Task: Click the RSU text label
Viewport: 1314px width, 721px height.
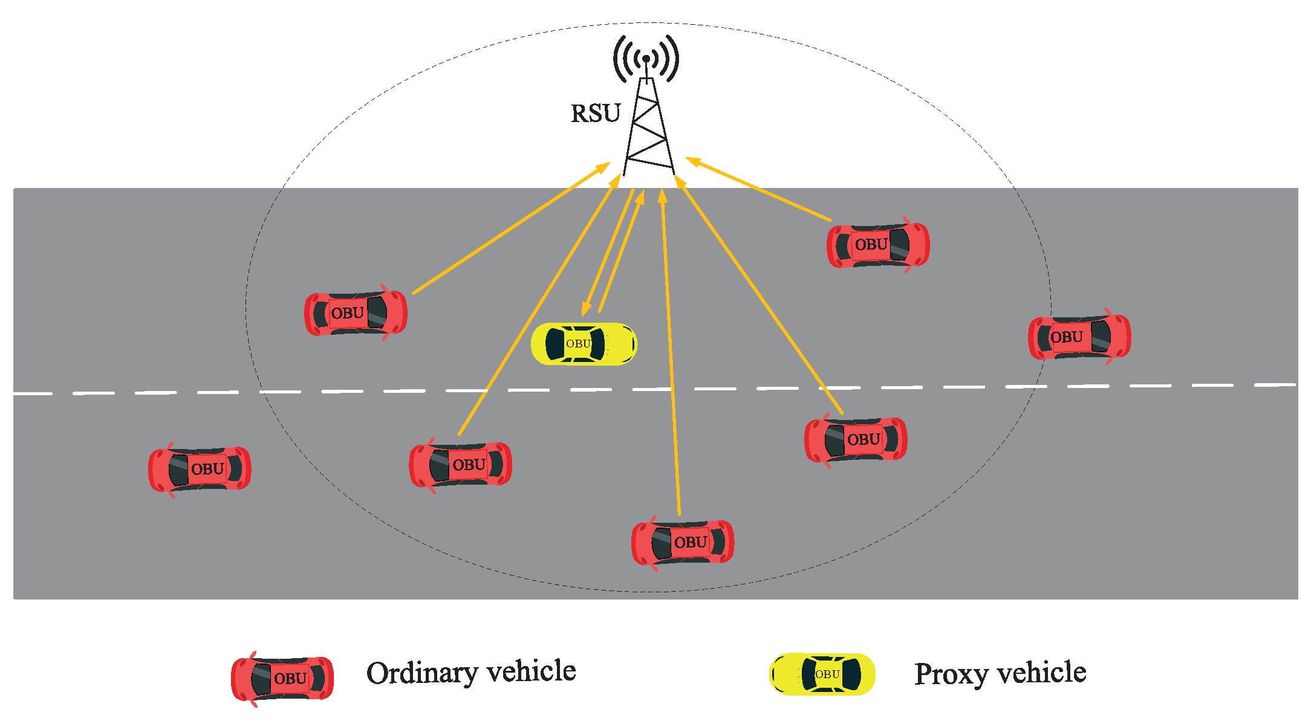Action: click(x=596, y=114)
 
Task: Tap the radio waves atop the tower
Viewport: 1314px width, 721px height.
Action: click(x=646, y=59)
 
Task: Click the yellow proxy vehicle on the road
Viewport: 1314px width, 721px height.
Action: click(x=584, y=344)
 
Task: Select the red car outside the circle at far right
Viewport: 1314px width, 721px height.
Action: click(x=1079, y=337)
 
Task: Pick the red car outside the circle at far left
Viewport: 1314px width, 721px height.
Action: click(x=200, y=469)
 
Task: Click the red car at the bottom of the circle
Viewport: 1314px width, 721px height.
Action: click(x=683, y=542)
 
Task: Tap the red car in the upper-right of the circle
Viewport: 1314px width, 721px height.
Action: click(x=878, y=245)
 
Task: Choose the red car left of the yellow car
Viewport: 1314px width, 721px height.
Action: click(x=356, y=313)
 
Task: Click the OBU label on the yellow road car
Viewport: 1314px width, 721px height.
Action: click(x=578, y=343)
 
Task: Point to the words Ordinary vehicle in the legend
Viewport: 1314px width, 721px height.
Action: click(x=471, y=673)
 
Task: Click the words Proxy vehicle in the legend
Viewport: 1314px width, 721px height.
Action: click(x=1000, y=673)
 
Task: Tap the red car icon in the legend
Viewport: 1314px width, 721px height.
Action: click(x=282, y=678)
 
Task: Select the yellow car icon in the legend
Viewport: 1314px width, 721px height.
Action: click(x=822, y=674)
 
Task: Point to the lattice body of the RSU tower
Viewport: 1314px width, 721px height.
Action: click(x=649, y=130)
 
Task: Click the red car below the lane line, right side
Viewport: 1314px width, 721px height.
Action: click(x=856, y=439)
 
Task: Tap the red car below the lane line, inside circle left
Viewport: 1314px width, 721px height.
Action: click(x=460, y=465)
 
